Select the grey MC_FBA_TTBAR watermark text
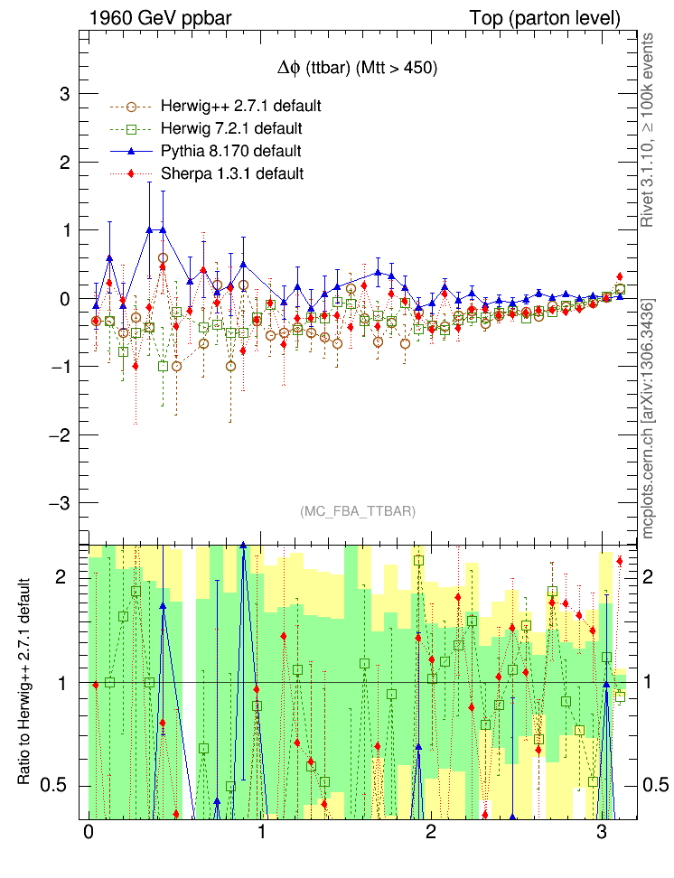(x=357, y=511)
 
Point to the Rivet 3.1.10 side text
(x=647, y=131)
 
